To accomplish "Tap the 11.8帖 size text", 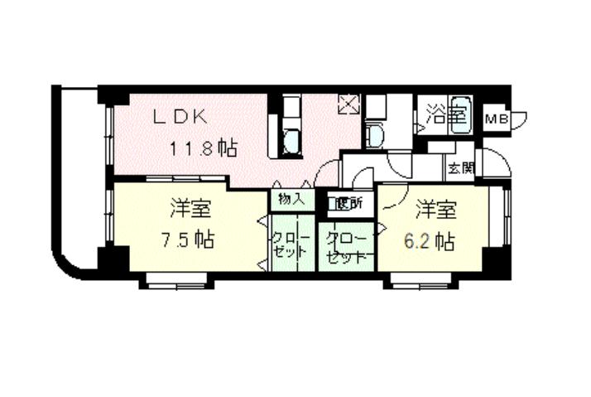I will [204, 149].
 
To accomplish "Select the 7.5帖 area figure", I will [187, 240].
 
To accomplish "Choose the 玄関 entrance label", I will [460, 168].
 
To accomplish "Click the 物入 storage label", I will [291, 200].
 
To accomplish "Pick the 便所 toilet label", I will [343, 201].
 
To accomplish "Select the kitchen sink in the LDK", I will [291, 142].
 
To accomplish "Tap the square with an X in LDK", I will [348, 105].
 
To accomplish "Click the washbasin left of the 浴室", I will [374, 138].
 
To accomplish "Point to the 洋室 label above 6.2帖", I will [434, 207].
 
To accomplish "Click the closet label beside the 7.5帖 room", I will [292, 244].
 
